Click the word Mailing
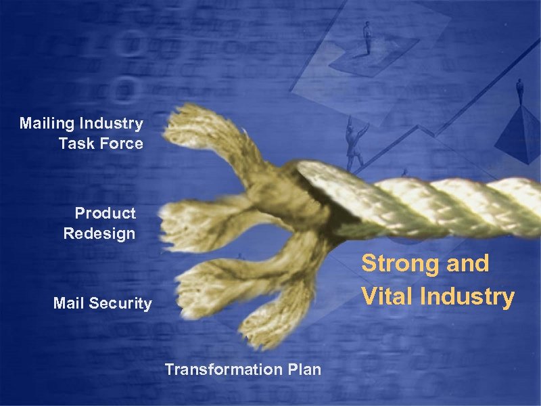pyautogui.click(x=47, y=124)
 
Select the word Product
pyautogui.click(x=105, y=214)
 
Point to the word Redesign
pyautogui.click(x=99, y=234)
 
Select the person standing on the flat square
pyautogui.click(x=367, y=37)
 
